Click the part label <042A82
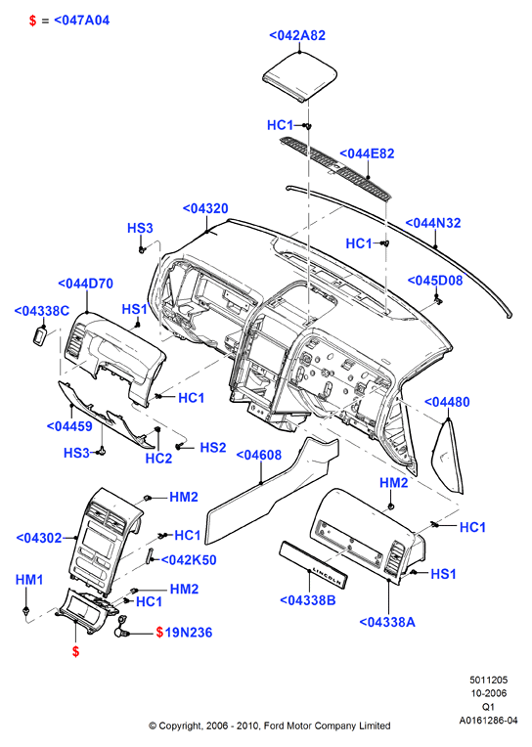coord(297,35)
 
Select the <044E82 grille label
coord(367,154)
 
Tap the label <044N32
coord(433,223)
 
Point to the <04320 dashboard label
coord(205,208)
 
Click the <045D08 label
coord(435,280)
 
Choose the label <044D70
coord(85,284)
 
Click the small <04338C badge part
coord(40,335)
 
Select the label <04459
coord(69,425)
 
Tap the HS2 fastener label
coord(212,448)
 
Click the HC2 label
coord(158,459)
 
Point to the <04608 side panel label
coord(259,455)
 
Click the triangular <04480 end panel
coord(448,457)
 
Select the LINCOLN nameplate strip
coord(313,565)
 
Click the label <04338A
coord(387,622)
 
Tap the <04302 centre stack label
coord(39,538)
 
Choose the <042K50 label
coord(189,560)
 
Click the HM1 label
coord(29,579)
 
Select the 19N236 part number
coord(189,633)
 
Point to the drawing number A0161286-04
coord(488,720)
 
